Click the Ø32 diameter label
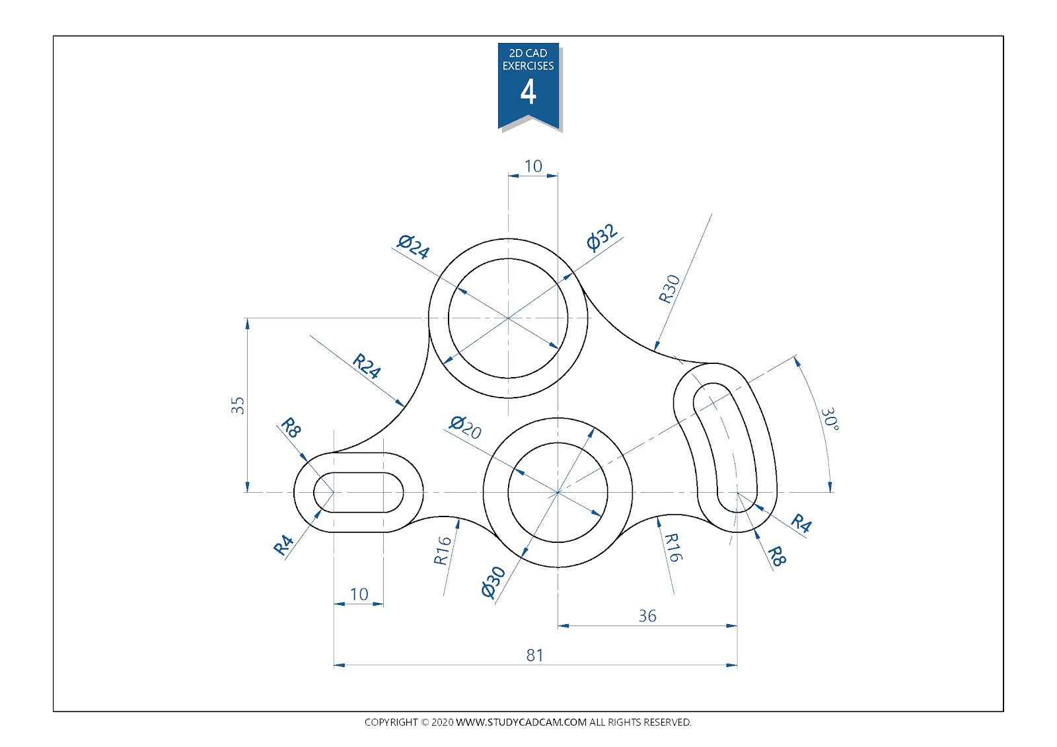(602, 237)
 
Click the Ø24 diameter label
(414, 246)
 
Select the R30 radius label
(669, 289)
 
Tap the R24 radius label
(367, 365)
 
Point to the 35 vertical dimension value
(238, 405)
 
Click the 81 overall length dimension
(534, 655)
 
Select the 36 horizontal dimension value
(647, 616)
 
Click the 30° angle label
(830, 419)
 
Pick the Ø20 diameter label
(465, 427)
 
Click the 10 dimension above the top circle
(532, 166)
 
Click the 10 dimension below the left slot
(359, 594)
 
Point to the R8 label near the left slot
(291, 427)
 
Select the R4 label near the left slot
(283, 545)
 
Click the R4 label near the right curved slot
(801, 523)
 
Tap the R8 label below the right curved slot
(776, 557)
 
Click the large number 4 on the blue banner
(528, 92)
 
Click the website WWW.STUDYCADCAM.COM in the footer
(521, 722)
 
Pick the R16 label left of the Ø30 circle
(442, 550)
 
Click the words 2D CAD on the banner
(528, 53)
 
